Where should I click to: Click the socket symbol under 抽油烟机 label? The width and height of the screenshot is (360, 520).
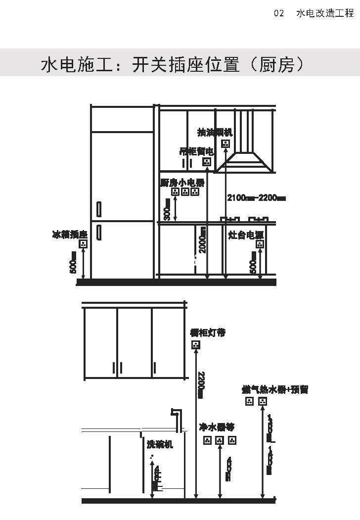pos(225,143)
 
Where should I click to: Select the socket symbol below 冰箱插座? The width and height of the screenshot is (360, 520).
pos(83,243)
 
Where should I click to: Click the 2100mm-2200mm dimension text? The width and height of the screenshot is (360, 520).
pos(256,198)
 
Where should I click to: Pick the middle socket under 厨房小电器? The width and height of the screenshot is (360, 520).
pos(184,191)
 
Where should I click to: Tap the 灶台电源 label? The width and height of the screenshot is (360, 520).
pos(246,235)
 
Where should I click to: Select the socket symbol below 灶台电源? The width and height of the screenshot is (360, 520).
pos(260,244)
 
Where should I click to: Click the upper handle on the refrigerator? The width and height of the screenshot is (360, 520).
pos(99,209)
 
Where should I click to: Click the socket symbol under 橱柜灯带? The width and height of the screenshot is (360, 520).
pos(196,344)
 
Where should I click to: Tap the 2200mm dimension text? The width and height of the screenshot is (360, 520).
pos(200,383)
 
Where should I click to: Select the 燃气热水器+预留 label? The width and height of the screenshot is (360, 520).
pos(274,389)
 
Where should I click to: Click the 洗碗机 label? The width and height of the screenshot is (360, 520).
pos(160,444)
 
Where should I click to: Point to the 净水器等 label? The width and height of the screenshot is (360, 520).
pos(217,426)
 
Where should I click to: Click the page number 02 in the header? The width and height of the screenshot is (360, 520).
pos(279,13)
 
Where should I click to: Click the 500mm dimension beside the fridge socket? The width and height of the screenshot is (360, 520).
pos(74,262)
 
